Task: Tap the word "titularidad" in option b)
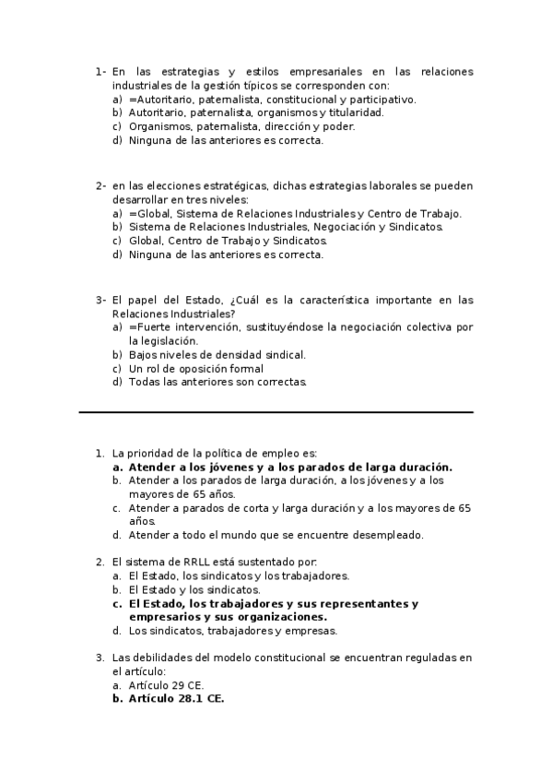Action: pyautogui.click(x=329, y=113)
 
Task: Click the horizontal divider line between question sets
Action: pyautogui.click(x=276, y=412)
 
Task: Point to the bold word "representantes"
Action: pyautogui.click(x=353, y=604)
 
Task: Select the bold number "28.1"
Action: pyautogui.click(x=187, y=699)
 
